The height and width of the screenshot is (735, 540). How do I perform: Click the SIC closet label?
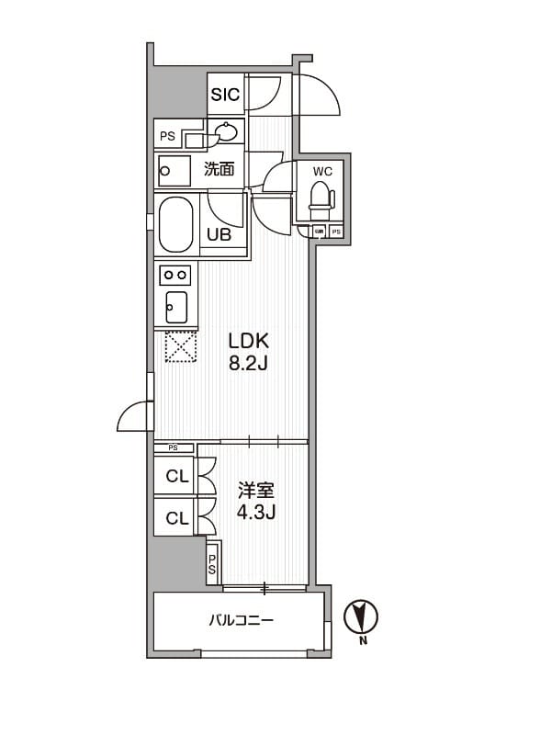pos(225,94)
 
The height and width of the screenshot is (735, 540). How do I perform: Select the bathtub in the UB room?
pos(177,224)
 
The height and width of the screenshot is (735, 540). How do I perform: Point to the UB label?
pos(218,234)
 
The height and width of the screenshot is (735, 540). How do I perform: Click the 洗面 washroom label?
pos(219,169)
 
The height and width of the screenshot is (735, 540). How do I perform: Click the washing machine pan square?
pos(175,170)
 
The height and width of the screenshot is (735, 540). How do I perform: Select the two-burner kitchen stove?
pos(175,274)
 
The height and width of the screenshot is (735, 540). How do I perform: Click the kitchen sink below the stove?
pos(175,303)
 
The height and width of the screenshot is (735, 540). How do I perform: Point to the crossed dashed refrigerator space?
pos(180,346)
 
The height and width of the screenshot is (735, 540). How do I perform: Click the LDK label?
pos(248,340)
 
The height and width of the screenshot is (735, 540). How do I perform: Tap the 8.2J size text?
pos(248,363)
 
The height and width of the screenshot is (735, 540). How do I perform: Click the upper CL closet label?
pos(176,476)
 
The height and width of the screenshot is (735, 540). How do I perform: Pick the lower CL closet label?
pos(176,518)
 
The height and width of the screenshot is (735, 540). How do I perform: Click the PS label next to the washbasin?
pos(167,137)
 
